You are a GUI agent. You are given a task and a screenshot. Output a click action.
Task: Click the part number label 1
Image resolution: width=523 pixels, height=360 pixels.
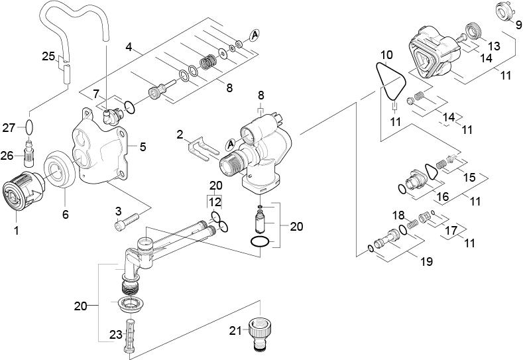pos(17,230)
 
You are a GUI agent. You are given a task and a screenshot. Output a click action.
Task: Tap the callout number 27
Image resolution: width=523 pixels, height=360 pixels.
pos(9,127)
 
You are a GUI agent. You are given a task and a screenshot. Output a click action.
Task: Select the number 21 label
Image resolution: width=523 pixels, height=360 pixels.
pos(235,331)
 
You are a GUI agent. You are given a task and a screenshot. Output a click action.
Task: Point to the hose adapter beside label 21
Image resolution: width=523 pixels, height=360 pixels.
pos(261,333)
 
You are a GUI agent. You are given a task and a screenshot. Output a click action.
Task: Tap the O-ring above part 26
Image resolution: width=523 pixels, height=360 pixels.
pos(29,127)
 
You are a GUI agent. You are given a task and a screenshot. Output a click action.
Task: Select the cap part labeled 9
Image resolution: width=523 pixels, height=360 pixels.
pos(504,11)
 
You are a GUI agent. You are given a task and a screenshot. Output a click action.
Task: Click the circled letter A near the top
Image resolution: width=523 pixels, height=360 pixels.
pos(255,34)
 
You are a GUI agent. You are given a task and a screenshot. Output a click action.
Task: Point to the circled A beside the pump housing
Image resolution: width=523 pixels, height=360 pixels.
pos(231,144)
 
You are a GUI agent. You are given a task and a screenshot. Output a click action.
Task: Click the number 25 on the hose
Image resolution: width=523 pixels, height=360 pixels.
pos(48,56)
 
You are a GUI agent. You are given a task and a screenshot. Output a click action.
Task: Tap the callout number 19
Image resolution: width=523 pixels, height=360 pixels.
pos(426,261)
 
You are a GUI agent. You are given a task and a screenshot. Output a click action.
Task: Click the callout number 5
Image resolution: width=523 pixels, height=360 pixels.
pos(143,147)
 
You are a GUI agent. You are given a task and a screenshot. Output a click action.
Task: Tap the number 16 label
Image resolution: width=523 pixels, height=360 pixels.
pos(443,196)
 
